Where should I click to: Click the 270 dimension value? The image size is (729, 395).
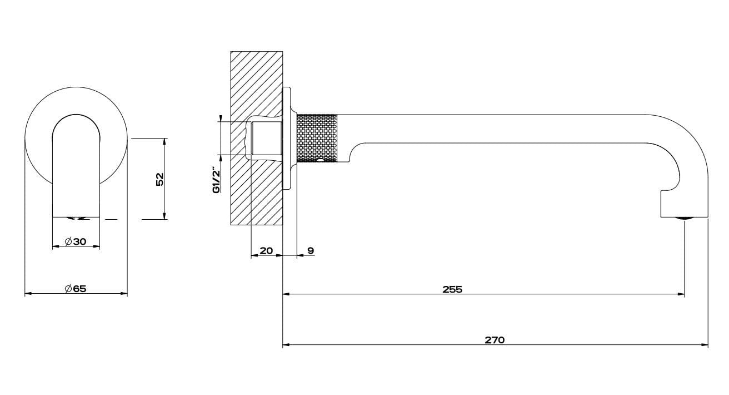point(495,340)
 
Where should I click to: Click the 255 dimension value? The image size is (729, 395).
point(452,289)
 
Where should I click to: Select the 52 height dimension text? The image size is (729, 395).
point(160,179)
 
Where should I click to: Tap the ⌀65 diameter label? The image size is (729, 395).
point(76,289)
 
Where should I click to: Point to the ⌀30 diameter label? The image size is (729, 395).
point(76,241)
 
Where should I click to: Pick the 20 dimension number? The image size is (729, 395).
point(266,250)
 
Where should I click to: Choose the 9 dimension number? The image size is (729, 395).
point(311,250)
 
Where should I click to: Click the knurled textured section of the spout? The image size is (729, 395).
point(317,138)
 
